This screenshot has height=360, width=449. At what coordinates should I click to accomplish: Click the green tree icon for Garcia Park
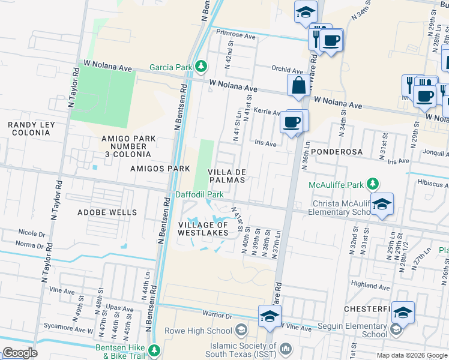click(x=202, y=66)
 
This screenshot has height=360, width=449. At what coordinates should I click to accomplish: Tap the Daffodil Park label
click(x=199, y=194)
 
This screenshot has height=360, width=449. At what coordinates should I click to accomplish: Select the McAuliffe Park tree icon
click(x=373, y=182)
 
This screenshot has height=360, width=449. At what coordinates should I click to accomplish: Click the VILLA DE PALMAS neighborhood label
click(x=228, y=176)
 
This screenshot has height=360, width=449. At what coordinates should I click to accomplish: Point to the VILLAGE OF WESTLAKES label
click(x=203, y=228)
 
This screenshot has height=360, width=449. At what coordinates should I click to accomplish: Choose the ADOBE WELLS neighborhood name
click(x=107, y=212)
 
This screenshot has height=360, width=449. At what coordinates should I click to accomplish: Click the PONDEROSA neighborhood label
click(x=337, y=152)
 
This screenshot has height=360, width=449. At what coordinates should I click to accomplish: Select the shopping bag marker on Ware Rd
click(x=298, y=86)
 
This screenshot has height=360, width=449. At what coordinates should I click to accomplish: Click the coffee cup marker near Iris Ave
click(x=292, y=122)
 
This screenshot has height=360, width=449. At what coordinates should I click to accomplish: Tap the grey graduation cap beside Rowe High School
click(x=240, y=330)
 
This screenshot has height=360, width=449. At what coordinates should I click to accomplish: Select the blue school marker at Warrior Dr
click(x=270, y=317)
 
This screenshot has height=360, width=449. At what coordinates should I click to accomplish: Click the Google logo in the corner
click(x=20, y=353)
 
